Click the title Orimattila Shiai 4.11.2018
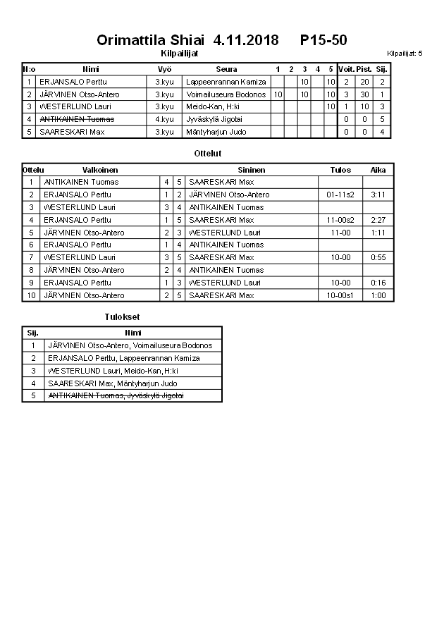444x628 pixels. [x=187, y=40]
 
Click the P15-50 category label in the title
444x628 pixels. [x=323, y=40]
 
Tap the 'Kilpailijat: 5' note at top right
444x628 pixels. [x=405, y=53]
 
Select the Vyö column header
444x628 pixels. [x=164, y=69]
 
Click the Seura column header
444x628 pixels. [x=226, y=69]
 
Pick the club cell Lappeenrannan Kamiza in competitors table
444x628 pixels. [x=226, y=82]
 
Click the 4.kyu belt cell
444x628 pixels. [x=164, y=119]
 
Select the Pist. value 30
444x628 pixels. [x=364, y=94]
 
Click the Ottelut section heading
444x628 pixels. [x=207, y=153]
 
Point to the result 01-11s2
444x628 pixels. [x=340, y=195]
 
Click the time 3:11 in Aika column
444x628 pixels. [x=378, y=195]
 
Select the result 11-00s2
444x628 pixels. [x=340, y=220]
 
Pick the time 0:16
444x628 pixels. [x=378, y=283]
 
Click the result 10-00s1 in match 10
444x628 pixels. [x=340, y=295]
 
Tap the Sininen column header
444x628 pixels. [x=252, y=170]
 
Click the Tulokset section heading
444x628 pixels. [x=122, y=317]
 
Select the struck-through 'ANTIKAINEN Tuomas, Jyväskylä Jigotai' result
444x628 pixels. [x=116, y=396]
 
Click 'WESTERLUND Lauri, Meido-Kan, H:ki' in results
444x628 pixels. [x=113, y=371]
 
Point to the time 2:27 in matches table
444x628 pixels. [x=378, y=220]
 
